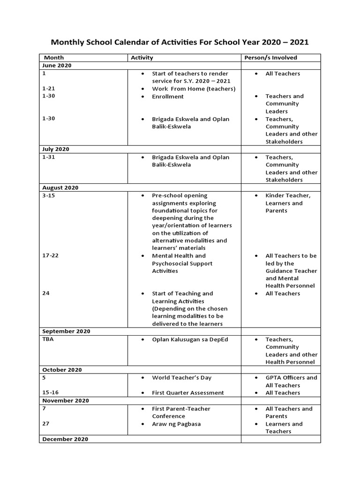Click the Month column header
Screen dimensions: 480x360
click(54, 58)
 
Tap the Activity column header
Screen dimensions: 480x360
click(142, 58)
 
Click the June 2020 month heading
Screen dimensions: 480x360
click(57, 66)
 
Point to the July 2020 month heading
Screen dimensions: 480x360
click(56, 149)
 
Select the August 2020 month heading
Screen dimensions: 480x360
click(60, 187)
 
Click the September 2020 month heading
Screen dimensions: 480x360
click(66, 331)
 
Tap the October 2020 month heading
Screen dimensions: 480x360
click(62, 370)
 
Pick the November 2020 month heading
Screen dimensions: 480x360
click(65, 401)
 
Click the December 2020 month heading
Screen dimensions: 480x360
click(65, 439)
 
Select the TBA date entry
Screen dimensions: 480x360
click(48, 339)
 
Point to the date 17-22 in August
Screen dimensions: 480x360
click(51, 255)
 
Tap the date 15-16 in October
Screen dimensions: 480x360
click(51, 393)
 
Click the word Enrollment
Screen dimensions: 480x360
click(168, 97)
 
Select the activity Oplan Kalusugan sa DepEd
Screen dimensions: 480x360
click(190, 339)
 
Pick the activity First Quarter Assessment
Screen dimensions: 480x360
click(188, 393)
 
